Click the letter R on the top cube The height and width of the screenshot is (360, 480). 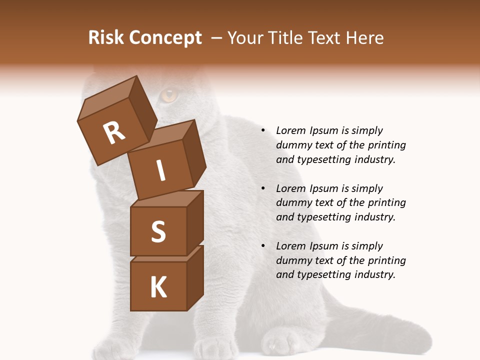[x=114, y=133]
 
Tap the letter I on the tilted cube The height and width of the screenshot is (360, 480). [x=161, y=171]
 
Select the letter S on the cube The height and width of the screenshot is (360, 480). [x=158, y=231]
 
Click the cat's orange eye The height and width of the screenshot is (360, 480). [x=169, y=94]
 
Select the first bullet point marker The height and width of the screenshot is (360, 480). [x=263, y=130]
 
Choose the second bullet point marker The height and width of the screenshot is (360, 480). [x=263, y=188]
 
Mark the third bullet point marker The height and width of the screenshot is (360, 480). [x=263, y=246]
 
